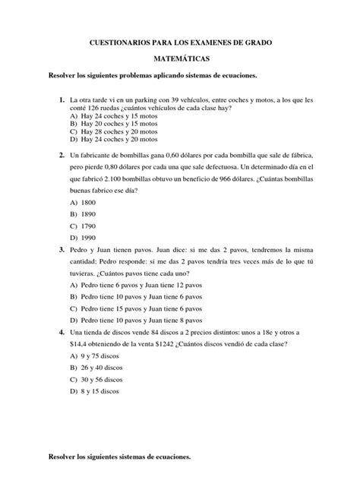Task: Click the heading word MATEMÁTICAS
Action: pos(180,57)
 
